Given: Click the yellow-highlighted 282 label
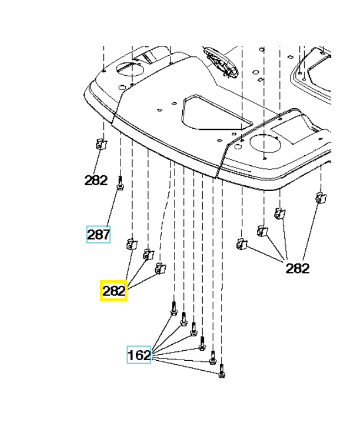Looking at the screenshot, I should pyautogui.click(x=114, y=291).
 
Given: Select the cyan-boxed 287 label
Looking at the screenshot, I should pyautogui.click(x=98, y=235).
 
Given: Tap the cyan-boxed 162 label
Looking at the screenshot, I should pyautogui.click(x=139, y=355).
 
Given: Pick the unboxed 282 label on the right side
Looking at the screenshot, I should pyautogui.click(x=297, y=269).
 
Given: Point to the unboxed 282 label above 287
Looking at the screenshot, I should pyautogui.click(x=96, y=180).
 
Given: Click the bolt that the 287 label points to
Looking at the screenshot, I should pyautogui.click(x=120, y=183).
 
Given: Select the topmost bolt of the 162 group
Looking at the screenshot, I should pyautogui.click(x=173, y=308).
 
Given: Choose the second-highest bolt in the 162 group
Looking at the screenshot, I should pyautogui.click(x=184, y=319).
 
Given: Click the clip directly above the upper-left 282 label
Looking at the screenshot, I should pyautogui.click(x=100, y=144).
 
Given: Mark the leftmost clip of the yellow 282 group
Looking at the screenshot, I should pyautogui.click(x=132, y=243).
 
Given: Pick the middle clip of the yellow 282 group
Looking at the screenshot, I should pyautogui.click(x=147, y=254).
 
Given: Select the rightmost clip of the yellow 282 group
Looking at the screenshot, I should pyautogui.click(x=161, y=268).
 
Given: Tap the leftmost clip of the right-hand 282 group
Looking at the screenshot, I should pyautogui.click(x=241, y=244).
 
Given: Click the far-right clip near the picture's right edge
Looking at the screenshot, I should pyautogui.click(x=319, y=197).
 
